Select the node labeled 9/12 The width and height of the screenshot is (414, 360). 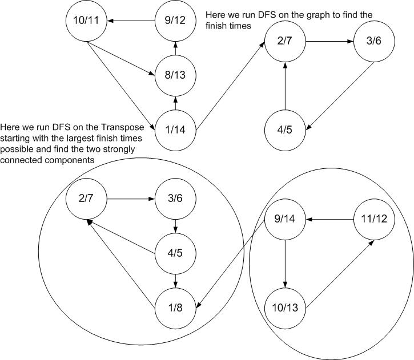click(x=176, y=22)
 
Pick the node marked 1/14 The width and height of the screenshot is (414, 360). click(x=176, y=130)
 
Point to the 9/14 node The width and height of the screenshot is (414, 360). click(x=286, y=219)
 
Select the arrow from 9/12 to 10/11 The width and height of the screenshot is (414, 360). click(x=132, y=22)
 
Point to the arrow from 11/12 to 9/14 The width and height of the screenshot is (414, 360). click(x=330, y=219)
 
